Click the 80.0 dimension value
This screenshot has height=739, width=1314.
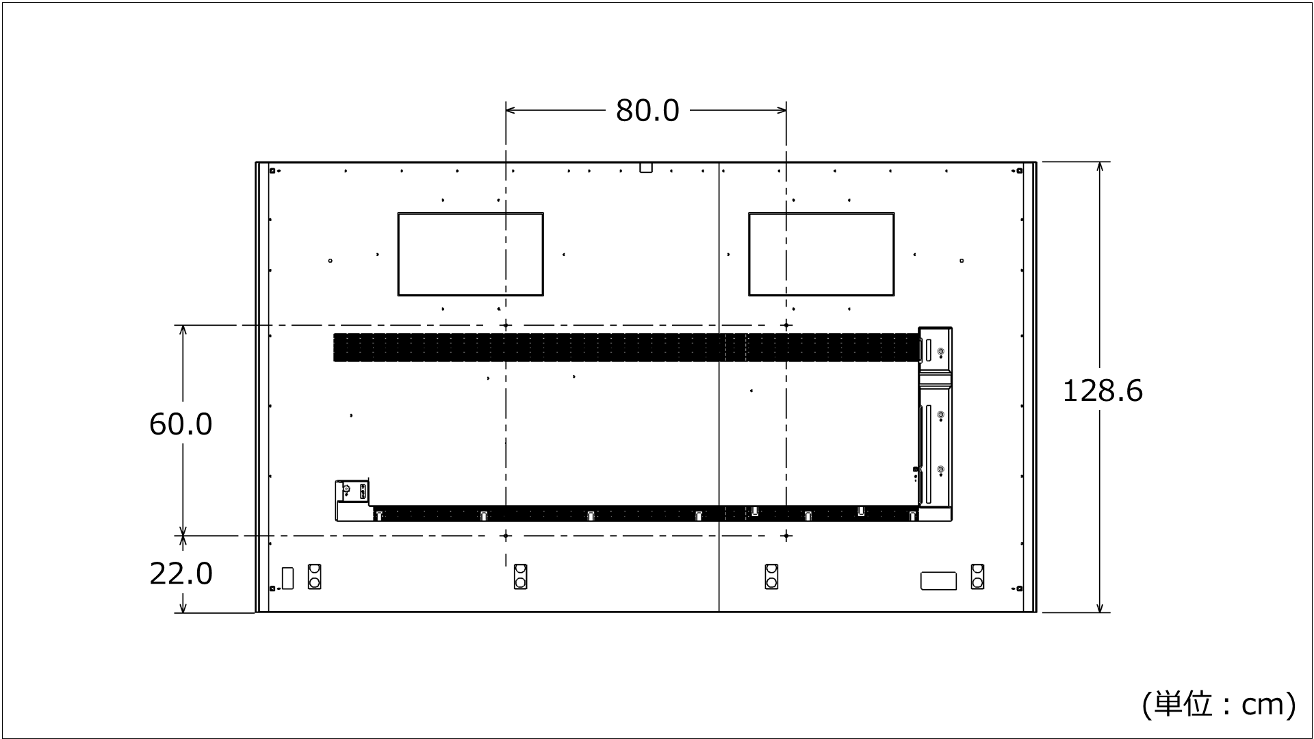[x=647, y=110]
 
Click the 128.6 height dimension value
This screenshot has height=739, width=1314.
[x=1102, y=391]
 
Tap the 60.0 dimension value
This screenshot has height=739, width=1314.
[x=181, y=424]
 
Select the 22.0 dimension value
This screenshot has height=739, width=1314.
[x=181, y=573]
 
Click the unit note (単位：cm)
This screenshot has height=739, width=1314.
[x=1218, y=704]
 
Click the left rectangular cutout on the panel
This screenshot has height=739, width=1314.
[x=470, y=254]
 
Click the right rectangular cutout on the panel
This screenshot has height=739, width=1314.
[x=821, y=254]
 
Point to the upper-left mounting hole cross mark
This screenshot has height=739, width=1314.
[x=506, y=326]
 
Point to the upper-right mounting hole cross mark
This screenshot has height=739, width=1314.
[x=786, y=326]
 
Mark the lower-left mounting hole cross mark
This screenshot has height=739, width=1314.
[x=506, y=536]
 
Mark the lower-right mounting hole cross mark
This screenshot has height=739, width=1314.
[x=786, y=536]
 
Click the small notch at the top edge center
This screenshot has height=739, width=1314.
[x=646, y=167]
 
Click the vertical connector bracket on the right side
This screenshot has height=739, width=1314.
[x=935, y=424]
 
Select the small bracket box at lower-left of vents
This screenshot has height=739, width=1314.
[x=352, y=500]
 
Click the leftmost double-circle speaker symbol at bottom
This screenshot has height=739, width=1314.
[x=314, y=576]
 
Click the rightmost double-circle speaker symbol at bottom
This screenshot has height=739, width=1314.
[x=977, y=576]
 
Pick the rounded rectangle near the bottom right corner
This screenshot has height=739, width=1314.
[x=938, y=580]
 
